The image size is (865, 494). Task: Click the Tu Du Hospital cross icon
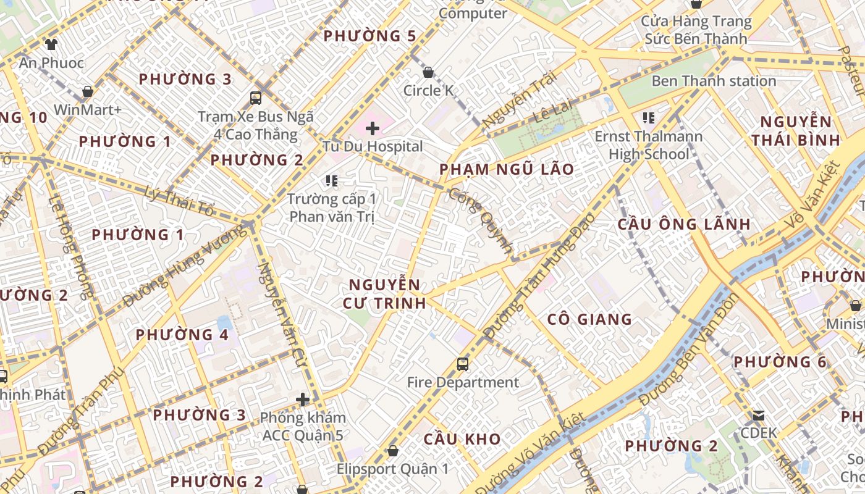point(372,128)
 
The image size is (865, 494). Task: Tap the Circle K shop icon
point(428,73)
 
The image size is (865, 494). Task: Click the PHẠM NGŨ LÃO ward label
point(507,169)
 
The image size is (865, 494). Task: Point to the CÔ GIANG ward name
point(589,319)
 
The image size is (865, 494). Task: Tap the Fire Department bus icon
point(462,364)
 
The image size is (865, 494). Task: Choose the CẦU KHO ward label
point(462,439)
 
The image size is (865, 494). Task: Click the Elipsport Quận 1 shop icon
point(392,451)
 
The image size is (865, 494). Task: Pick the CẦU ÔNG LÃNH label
point(684,224)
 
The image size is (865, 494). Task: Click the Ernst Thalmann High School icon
point(648,117)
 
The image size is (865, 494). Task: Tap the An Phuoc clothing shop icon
point(51,44)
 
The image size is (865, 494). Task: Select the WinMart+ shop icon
point(87,92)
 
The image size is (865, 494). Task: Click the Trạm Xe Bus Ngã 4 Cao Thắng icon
point(255,98)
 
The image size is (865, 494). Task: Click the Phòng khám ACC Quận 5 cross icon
point(302,400)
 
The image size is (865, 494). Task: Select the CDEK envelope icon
point(758,415)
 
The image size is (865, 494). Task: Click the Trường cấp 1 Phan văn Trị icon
point(332,181)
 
